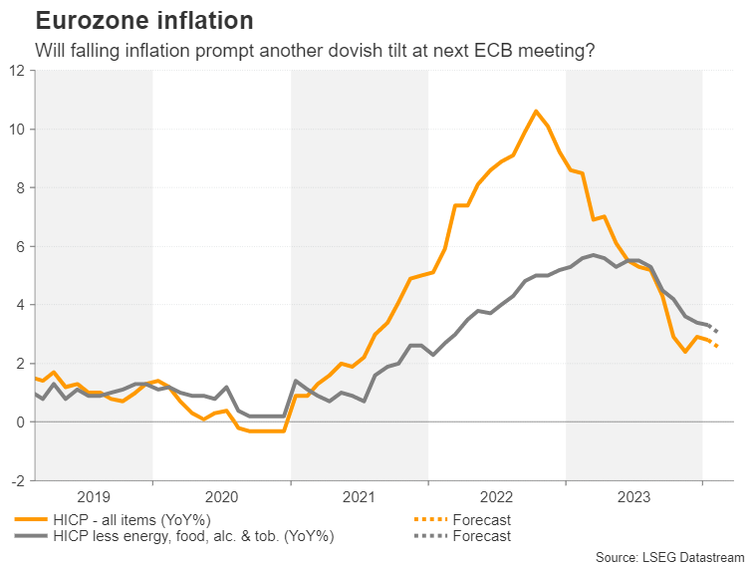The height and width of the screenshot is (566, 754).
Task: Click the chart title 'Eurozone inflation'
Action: coord(143,20)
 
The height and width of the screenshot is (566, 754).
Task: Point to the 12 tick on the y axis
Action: coord(17,71)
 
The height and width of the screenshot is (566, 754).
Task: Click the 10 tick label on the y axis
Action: coord(17,130)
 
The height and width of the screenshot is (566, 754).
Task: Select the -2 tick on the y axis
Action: coord(17,480)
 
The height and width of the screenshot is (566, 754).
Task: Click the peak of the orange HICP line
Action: coord(536,111)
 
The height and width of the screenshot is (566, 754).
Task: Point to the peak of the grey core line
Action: coord(594,255)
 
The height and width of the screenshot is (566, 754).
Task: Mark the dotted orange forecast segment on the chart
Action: coord(712,344)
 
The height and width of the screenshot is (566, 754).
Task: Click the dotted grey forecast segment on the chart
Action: coord(711,328)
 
